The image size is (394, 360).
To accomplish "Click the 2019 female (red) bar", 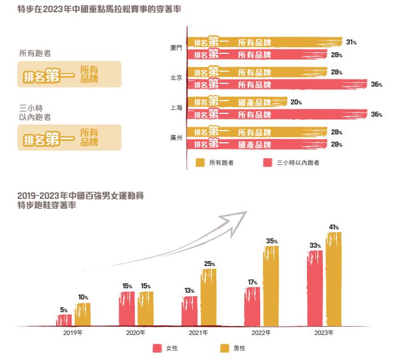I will (x=64, y=320).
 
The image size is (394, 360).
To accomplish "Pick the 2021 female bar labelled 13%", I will (x=190, y=311).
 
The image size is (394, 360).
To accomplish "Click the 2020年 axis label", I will (x=136, y=333).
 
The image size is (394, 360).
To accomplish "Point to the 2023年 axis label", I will (x=324, y=333).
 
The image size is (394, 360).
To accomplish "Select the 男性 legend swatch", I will (x=224, y=348).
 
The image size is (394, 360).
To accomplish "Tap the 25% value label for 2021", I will (x=209, y=263).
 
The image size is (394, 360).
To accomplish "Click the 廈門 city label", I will (x=176, y=48).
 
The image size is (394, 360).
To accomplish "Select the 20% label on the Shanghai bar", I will (x=296, y=102).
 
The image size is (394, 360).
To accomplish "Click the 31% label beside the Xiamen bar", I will (x=351, y=42).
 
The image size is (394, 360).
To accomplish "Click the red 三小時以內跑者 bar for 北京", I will (x=277, y=84).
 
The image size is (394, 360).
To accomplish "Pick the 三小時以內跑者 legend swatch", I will (x=268, y=162).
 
